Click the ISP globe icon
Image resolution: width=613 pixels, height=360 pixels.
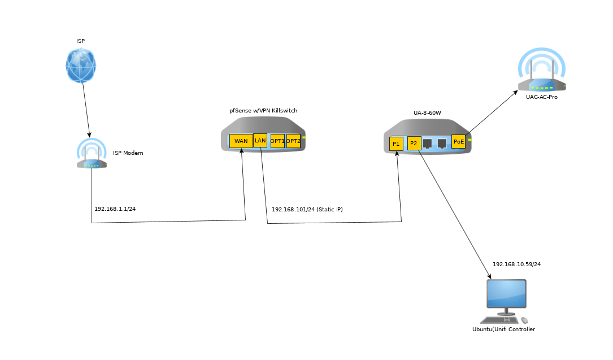coord(81,65)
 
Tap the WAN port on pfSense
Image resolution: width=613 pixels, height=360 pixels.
coord(241,141)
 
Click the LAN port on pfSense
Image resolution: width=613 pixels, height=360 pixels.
coord(260,140)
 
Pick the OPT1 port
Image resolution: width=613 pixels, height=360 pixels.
coord(277,141)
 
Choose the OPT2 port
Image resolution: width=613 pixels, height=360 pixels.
coord(293,141)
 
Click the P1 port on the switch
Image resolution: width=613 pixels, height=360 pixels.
coord(396,144)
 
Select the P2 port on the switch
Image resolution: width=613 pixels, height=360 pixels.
coord(414,144)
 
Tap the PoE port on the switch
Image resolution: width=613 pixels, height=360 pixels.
coord(458,141)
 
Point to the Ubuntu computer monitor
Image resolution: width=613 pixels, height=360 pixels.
coord(507,294)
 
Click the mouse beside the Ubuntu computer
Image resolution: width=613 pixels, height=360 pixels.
coord(525,320)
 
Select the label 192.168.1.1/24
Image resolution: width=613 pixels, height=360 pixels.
coord(115,209)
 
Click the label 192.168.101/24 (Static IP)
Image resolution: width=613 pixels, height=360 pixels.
coord(307,210)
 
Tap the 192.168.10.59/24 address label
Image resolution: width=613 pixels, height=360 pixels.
coord(520,264)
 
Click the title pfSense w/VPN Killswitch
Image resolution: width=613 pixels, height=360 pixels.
coord(263,111)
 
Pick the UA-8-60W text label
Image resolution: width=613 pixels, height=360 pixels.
coord(427,113)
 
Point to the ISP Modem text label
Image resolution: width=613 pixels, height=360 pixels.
coord(128,153)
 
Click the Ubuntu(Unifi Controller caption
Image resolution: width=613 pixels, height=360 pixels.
coord(503,329)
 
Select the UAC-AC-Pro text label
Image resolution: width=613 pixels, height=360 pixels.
coord(542,97)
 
